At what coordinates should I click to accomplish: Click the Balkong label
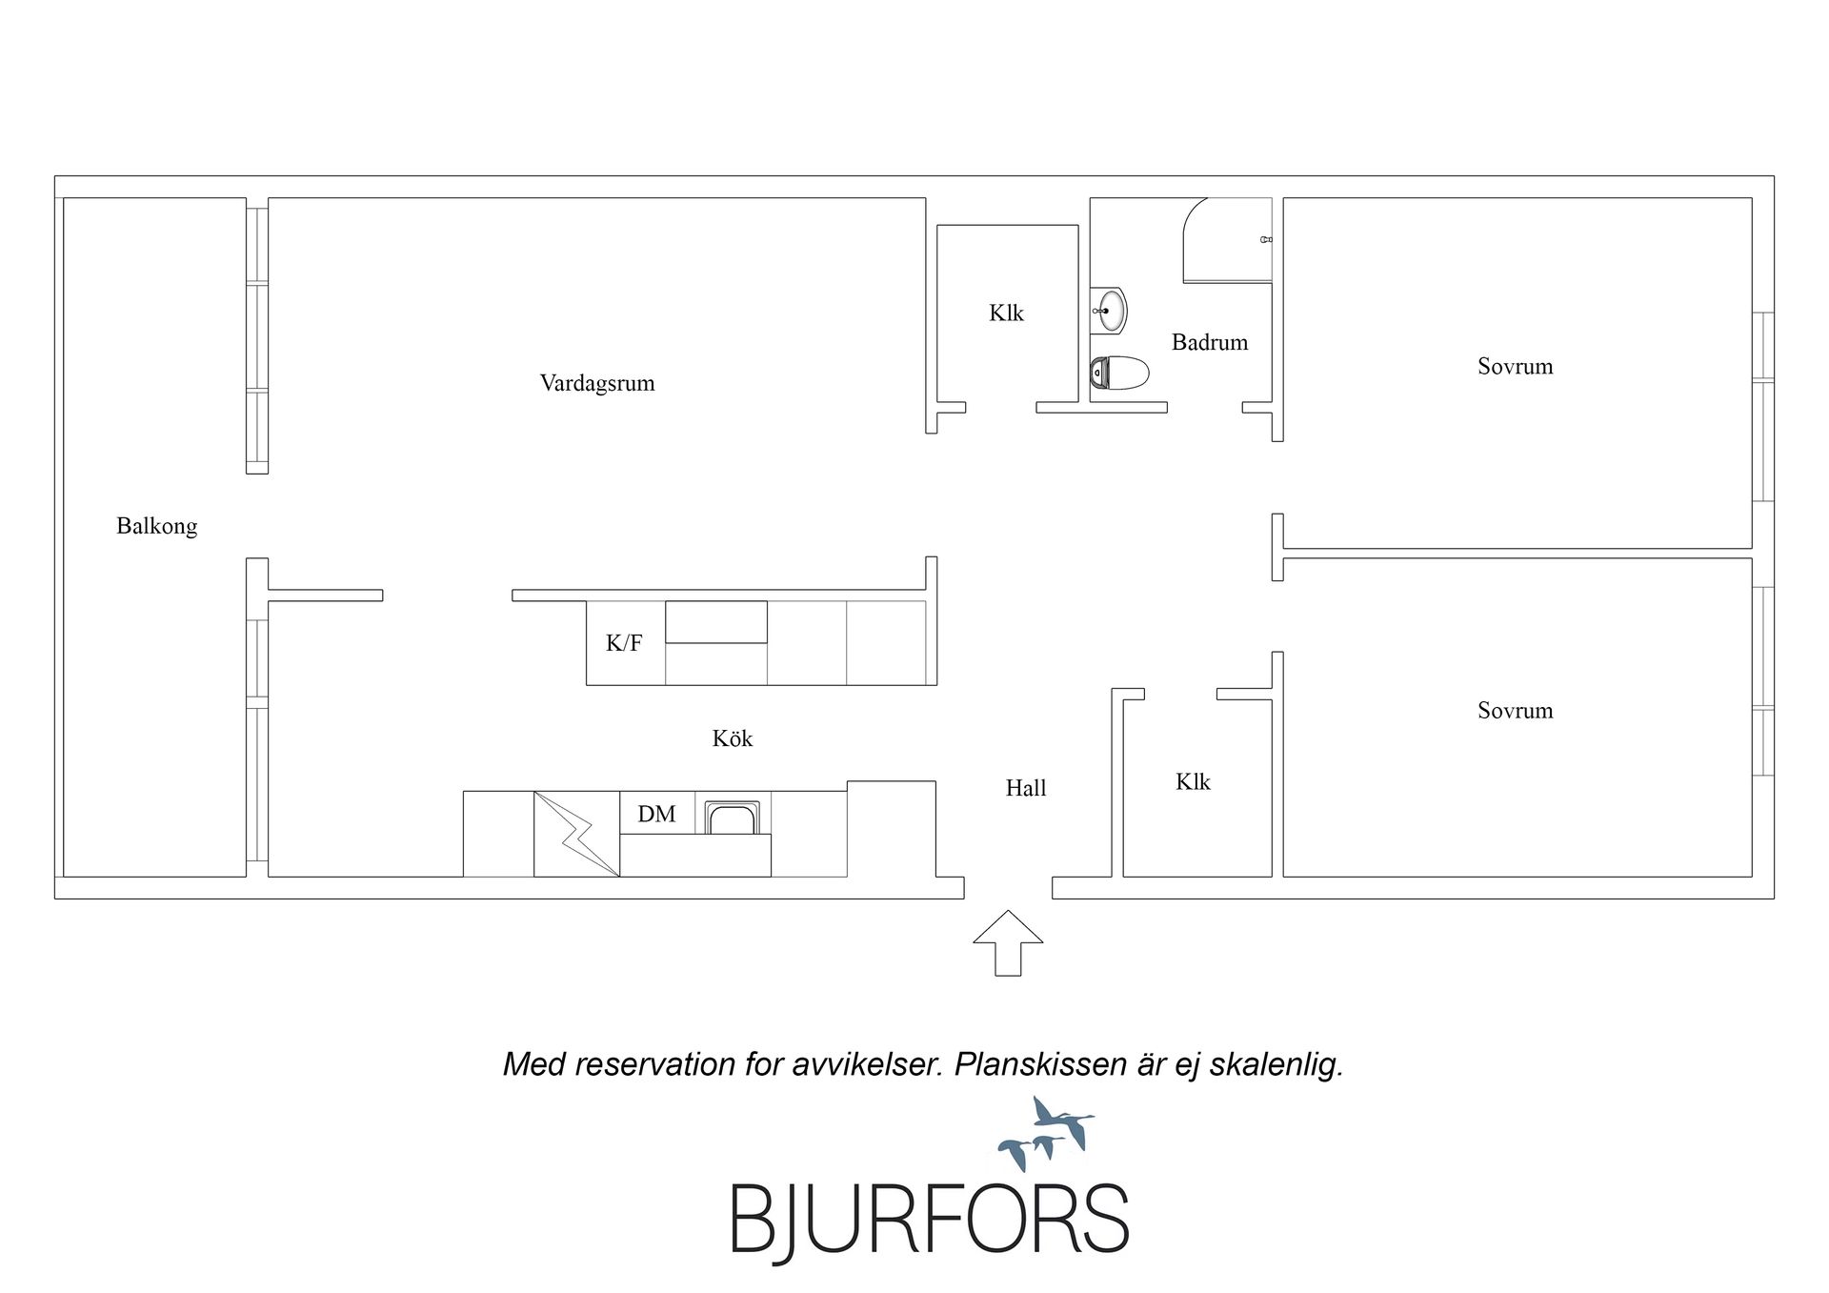click(x=157, y=527)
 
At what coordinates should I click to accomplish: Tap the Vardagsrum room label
click(x=597, y=383)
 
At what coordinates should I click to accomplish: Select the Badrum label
click(x=1210, y=342)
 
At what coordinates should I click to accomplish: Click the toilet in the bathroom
click(x=1119, y=373)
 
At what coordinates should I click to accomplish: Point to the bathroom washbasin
click(x=1110, y=310)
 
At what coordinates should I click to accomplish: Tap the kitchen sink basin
click(x=732, y=818)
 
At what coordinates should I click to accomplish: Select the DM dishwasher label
click(x=656, y=814)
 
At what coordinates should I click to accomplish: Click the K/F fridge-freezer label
click(x=624, y=643)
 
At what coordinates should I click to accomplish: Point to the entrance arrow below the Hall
click(x=1008, y=942)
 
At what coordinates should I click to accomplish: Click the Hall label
click(x=1026, y=788)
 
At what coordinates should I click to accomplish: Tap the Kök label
click(x=733, y=738)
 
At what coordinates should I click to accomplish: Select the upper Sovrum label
click(x=1516, y=366)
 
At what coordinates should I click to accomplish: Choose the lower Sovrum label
click(x=1516, y=710)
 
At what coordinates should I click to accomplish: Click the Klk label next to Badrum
click(x=1006, y=313)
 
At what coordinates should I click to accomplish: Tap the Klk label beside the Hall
click(x=1193, y=781)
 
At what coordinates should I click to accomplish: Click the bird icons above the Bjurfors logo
click(x=1046, y=1134)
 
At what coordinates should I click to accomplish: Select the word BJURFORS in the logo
click(x=930, y=1220)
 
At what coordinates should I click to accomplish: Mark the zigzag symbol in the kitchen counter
click(x=576, y=834)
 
